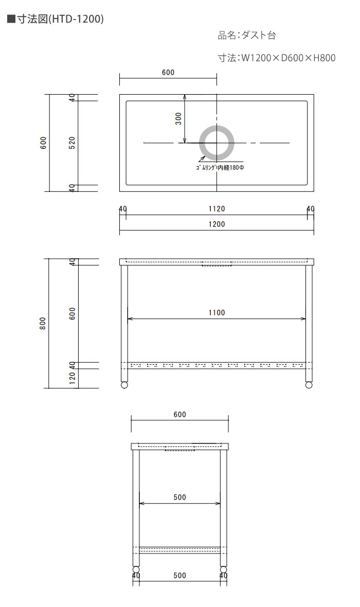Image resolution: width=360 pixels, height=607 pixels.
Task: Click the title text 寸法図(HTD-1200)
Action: click(x=60, y=19)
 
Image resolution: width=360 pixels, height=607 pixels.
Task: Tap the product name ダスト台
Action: click(x=259, y=35)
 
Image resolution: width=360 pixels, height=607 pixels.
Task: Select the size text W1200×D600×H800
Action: click(x=289, y=58)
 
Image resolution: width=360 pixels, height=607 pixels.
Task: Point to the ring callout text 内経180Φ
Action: click(x=231, y=168)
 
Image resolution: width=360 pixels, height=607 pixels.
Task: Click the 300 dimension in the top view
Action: click(x=178, y=118)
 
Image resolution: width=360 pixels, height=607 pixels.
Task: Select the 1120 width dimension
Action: click(x=217, y=209)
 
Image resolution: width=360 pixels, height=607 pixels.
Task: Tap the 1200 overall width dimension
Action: click(x=217, y=224)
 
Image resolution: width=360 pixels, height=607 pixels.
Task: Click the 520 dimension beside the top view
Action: click(x=72, y=143)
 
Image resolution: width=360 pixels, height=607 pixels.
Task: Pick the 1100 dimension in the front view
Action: click(x=217, y=313)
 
